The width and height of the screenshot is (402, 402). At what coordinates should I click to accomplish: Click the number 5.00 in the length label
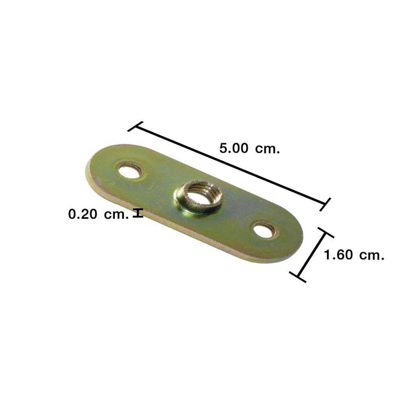(x=234, y=148)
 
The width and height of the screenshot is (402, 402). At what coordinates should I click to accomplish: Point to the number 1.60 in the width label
(x=338, y=255)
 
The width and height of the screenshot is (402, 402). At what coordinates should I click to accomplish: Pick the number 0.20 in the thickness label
(x=82, y=214)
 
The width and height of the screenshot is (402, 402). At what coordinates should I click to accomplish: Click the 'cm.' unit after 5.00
(x=267, y=149)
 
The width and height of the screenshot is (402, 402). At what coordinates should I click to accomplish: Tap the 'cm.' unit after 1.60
(x=372, y=256)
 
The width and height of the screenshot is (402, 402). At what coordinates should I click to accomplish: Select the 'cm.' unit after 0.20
(x=116, y=215)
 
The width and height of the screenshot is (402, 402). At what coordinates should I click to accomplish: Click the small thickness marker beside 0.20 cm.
(x=138, y=213)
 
